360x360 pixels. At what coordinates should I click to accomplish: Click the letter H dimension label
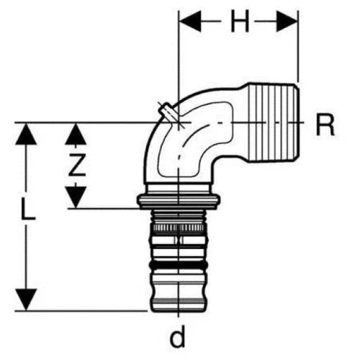(240, 22)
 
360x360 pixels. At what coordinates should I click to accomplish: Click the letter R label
(325, 125)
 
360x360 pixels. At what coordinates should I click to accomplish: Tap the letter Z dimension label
(77, 165)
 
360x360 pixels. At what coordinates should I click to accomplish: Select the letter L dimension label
(28, 209)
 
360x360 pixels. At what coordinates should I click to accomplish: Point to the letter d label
(178, 336)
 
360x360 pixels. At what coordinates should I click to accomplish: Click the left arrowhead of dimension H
(190, 22)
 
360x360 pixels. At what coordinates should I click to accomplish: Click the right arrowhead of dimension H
(287, 22)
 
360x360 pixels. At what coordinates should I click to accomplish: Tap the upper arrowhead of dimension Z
(76, 134)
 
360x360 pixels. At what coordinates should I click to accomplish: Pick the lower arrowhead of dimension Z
(76, 197)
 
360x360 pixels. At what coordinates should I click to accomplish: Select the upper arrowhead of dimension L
(26, 134)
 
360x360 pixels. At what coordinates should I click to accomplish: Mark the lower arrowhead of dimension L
(26, 300)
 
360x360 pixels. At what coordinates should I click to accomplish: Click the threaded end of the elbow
(273, 122)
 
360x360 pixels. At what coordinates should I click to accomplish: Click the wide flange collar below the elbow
(179, 201)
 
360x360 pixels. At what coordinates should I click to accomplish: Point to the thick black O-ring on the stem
(179, 264)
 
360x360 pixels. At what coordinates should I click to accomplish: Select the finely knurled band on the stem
(179, 228)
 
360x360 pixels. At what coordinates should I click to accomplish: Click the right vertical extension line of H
(298, 46)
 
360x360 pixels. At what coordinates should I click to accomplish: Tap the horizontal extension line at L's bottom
(81, 311)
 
